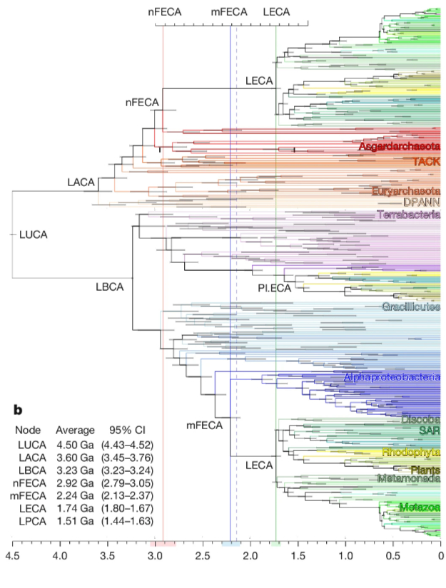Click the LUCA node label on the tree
click(x=33, y=234)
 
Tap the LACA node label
click(x=81, y=183)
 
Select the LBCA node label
click(x=110, y=287)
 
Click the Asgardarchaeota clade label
click(x=397, y=147)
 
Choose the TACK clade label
click(x=425, y=162)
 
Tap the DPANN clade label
click(x=421, y=202)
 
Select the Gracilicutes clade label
click(x=410, y=306)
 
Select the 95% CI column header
click(x=126, y=430)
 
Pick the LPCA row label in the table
click(x=29, y=521)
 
